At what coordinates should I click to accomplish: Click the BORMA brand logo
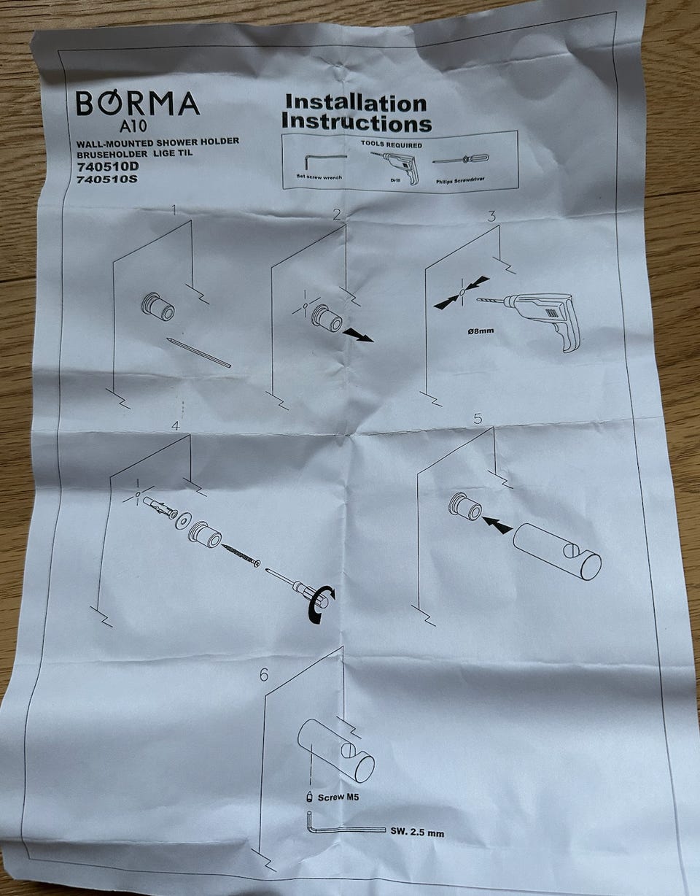(x=138, y=103)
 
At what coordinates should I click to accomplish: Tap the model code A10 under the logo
(x=133, y=125)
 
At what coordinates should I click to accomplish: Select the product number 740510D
(x=108, y=166)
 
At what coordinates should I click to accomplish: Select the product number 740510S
(x=107, y=179)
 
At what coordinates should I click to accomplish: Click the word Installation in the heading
(x=356, y=103)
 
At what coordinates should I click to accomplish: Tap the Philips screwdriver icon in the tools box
(x=462, y=160)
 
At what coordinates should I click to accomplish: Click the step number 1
(x=174, y=211)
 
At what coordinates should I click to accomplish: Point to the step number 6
(x=264, y=675)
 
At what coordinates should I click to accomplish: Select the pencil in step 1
(x=198, y=352)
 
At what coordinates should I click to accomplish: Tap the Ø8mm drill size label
(x=481, y=331)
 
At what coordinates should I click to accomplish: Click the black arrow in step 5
(x=497, y=525)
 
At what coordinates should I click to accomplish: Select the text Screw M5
(x=338, y=797)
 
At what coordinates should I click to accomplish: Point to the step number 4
(x=175, y=426)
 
